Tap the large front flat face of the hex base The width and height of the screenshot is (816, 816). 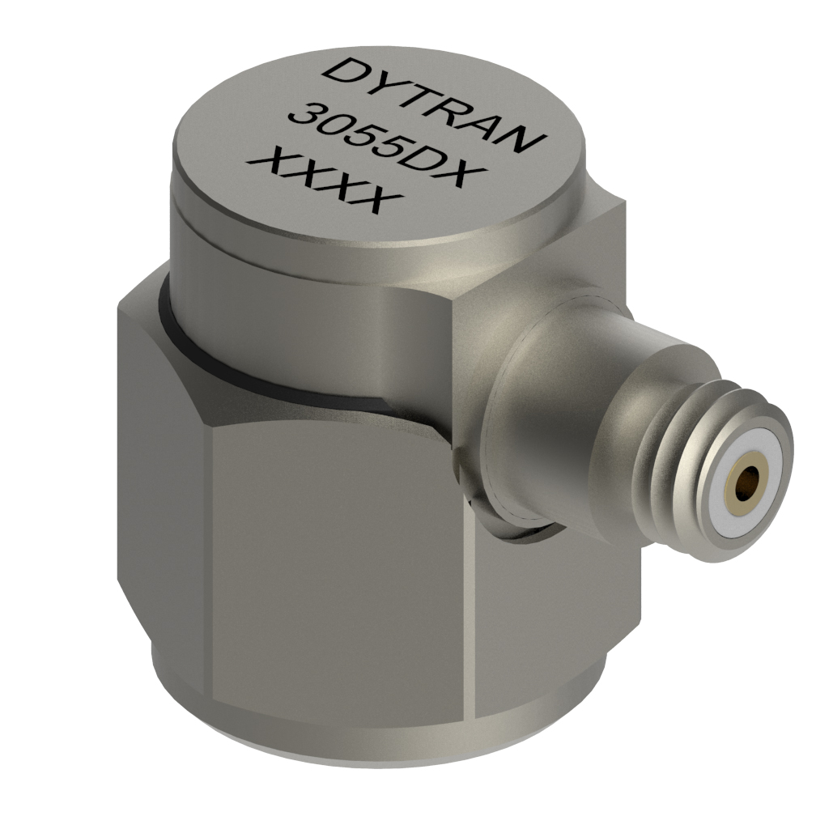[x=340, y=567]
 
